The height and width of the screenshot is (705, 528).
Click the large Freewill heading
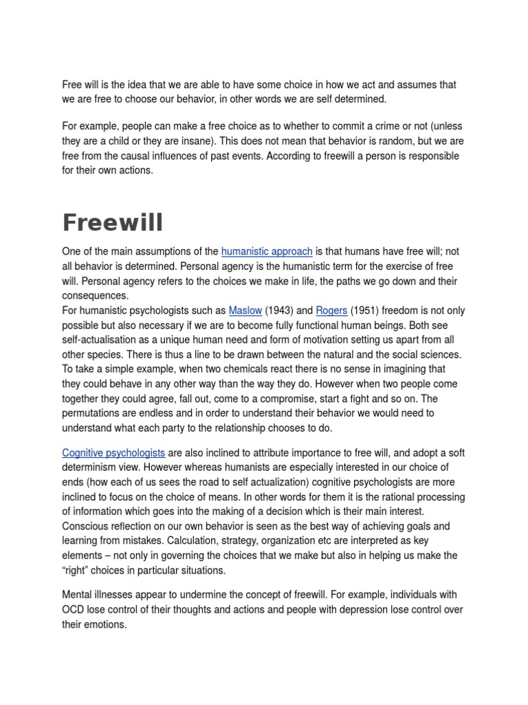point(113,223)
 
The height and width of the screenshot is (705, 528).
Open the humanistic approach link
point(267,251)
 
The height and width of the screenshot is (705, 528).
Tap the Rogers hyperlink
point(331,311)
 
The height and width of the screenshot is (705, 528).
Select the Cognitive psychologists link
point(113,452)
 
